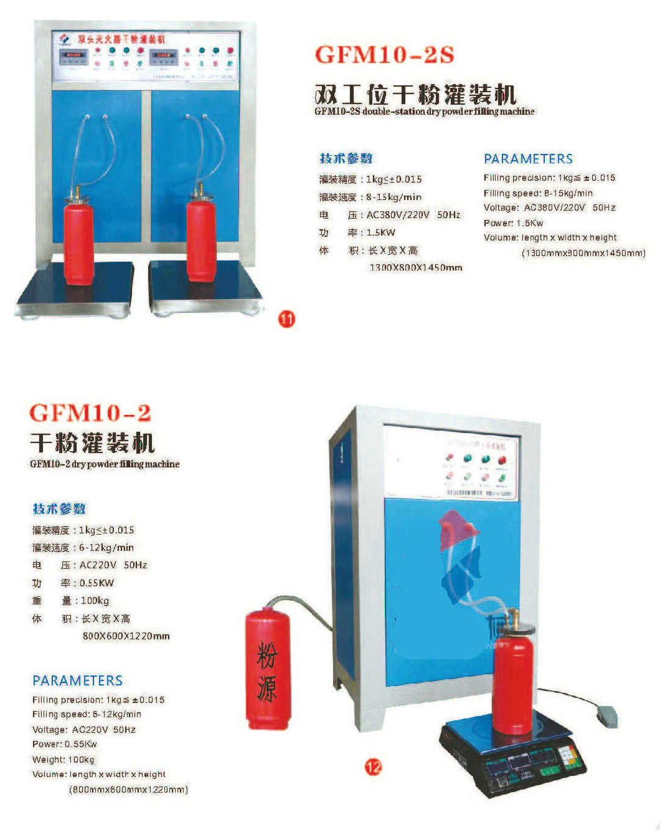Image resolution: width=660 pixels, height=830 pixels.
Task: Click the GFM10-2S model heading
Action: tap(384, 55)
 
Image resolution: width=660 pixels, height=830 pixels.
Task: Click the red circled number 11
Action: tap(286, 319)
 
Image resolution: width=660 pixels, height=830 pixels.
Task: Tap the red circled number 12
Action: tap(373, 767)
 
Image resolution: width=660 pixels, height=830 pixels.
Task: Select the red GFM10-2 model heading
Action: tap(90, 413)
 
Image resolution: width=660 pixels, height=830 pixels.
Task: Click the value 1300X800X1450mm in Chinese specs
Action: tap(415, 267)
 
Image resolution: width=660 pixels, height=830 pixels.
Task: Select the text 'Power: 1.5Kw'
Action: tap(513, 222)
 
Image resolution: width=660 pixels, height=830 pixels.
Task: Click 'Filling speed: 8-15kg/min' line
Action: tap(538, 193)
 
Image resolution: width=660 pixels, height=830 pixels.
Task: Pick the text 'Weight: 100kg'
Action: tap(64, 760)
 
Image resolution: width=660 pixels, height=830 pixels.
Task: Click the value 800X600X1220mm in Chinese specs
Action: tap(126, 636)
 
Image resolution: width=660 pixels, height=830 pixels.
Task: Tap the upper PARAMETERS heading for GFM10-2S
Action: tap(528, 159)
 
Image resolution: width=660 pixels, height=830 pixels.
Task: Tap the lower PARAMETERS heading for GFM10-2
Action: tap(77, 680)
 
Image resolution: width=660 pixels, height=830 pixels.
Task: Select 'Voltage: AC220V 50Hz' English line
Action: tap(83, 729)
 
